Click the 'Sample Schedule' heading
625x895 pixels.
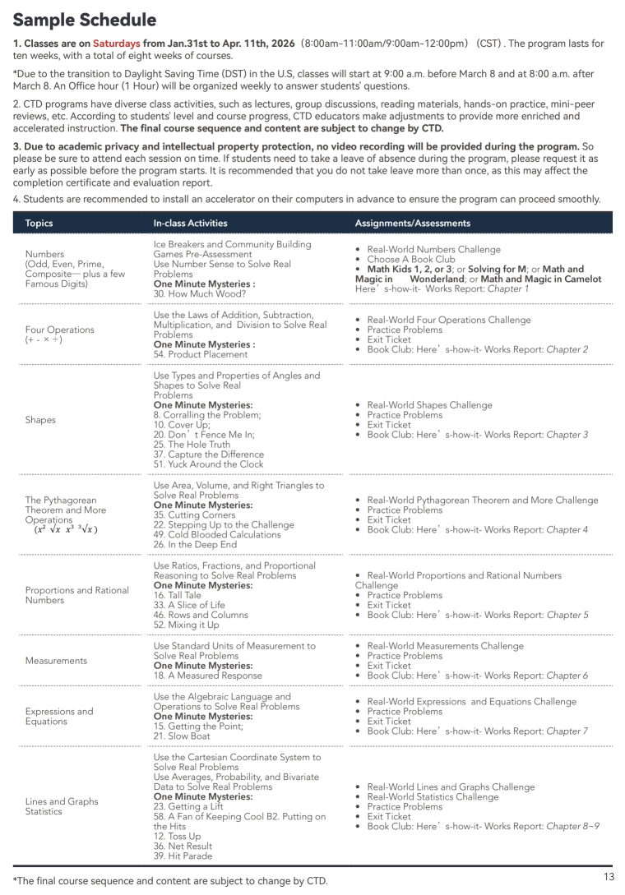click(x=85, y=20)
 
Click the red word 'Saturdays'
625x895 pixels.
click(x=116, y=44)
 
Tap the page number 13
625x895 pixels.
click(x=609, y=877)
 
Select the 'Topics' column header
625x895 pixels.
click(x=39, y=223)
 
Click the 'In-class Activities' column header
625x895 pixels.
click(x=190, y=223)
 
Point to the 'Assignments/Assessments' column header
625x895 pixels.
click(x=413, y=223)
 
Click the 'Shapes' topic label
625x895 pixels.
click(x=40, y=420)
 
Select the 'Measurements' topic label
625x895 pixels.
click(x=56, y=661)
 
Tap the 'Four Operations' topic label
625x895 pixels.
click(x=59, y=330)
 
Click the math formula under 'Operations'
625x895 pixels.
click(x=66, y=530)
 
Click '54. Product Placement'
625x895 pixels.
click(x=200, y=354)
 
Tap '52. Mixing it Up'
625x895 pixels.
click(x=187, y=625)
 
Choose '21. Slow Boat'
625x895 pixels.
click(x=182, y=736)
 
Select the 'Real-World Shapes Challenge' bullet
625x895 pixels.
click(x=429, y=405)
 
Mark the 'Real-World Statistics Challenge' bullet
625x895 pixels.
click(x=433, y=796)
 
